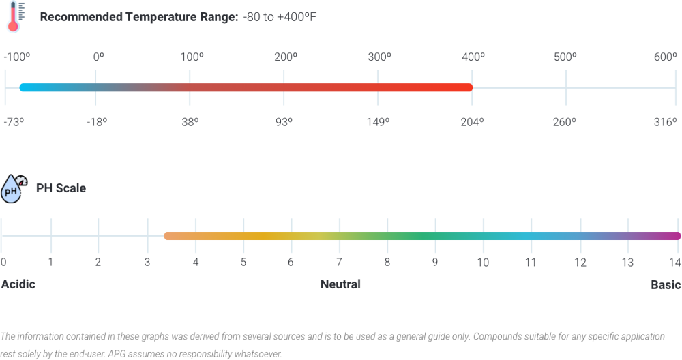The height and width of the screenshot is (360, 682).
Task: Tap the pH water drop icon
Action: tap(13, 188)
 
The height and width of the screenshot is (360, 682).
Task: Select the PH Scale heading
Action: tap(61, 188)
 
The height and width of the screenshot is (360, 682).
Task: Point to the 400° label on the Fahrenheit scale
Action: tap(472, 57)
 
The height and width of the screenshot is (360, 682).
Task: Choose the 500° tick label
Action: tap(565, 57)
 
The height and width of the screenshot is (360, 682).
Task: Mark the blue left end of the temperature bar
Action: tap(23, 87)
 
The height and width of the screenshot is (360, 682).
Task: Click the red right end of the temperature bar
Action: tap(467, 87)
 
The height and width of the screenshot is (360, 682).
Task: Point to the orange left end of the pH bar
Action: tap(168, 236)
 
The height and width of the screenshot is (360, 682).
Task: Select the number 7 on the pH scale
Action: tap(339, 262)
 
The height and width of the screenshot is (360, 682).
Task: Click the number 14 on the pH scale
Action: tap(674, 262)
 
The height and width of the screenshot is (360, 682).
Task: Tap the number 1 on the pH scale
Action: tap(50, 262)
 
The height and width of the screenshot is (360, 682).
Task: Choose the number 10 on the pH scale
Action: tap(483, 262)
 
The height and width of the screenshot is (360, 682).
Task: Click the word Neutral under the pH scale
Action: tap(340, 284)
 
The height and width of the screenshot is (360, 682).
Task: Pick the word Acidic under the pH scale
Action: tap(18, 284)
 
